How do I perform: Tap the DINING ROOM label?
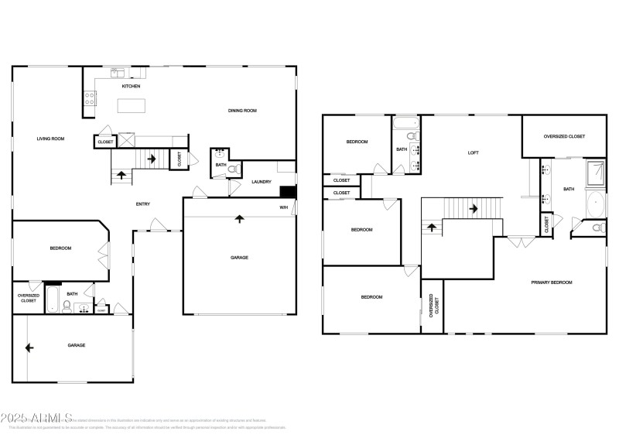pyautogui.click(x=241, y=111)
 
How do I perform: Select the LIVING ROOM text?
pyautogui.click(x=50, y=139)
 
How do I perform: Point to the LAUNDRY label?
pyautogui.click(x=262, y=182)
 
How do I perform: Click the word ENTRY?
pyautogui.click(x=143, y=204)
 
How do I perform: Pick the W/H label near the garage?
pyautogui.click(x=284, y=207)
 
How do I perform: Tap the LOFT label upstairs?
pyautogui.click(x=473, y=152)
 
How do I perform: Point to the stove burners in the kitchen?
pyautogui.click(x=90, y=98)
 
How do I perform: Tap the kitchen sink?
pyautogui.click(x=118, y=74)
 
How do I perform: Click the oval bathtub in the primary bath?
pyautogui.click(x=595, y=204)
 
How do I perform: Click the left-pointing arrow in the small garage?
pyautogui.click(x=29, y=347)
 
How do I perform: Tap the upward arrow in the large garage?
pyautogui.click(x=239, y=220)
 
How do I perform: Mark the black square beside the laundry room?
pyautogui.click(x=289, y=193)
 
